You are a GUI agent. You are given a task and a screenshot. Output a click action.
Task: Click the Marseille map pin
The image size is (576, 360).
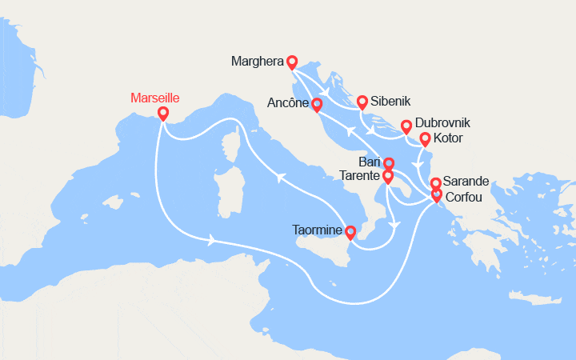coord(163,114)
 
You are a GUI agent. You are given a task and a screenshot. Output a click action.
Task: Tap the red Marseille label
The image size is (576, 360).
coord(154,98)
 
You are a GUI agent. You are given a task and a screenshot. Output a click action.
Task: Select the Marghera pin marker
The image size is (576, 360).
coord(292,62)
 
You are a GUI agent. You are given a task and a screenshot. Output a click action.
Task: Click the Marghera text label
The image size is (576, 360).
coord(257,62)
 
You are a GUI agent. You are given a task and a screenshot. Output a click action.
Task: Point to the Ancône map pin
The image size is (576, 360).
coord(318,104)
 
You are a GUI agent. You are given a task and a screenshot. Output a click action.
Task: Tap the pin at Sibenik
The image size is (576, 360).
coord(362,102)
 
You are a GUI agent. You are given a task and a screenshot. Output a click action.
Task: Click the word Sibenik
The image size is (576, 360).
coord(391,102)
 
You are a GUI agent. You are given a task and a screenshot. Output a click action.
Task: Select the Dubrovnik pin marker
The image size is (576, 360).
coord(406,126)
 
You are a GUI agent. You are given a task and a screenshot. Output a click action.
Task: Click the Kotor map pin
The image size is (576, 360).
coord(426,139)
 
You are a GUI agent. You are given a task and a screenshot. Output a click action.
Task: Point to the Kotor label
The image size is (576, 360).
coord(448,138)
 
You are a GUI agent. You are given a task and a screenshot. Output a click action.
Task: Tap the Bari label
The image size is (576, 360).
coord(370,162)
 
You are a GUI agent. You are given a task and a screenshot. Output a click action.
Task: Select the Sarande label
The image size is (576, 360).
coord(466,182)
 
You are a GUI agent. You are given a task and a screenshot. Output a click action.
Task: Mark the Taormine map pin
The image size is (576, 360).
coord(350,232)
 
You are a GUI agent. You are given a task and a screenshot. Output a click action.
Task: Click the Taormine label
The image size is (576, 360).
coord(318,231)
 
